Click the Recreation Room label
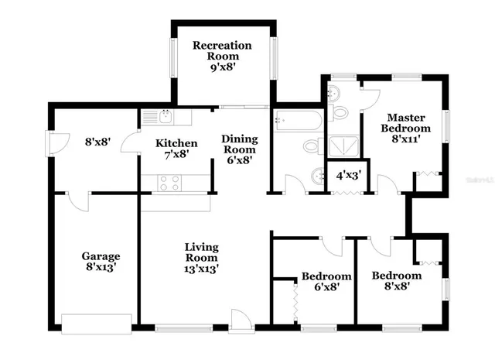[222, 56]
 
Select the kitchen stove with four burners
[169, 183]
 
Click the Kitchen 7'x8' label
[176, 149]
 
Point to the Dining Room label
[239, 149]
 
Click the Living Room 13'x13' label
[201, 259]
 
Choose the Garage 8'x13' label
[101, 261]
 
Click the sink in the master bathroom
[333, 94]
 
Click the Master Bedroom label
[408, 128]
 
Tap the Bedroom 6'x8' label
[326, 281]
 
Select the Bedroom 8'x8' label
[396, 280]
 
